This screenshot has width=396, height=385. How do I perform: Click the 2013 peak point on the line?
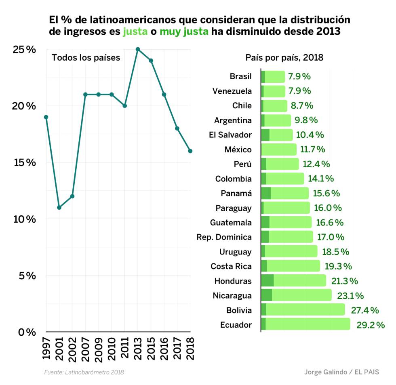coord(138,49)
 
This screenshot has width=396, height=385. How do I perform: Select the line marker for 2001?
coord(59,208)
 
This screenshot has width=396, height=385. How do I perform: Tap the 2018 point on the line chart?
coord(190,151)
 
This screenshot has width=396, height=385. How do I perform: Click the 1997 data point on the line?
coord(46,117)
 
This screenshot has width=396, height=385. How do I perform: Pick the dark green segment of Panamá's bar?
coord(266,193)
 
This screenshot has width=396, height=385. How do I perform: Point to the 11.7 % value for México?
coord(313,149)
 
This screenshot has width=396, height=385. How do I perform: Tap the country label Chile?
coord(242,106)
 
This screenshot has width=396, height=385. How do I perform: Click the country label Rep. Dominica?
coord(224,237)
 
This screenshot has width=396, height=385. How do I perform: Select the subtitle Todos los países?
coord(86,58)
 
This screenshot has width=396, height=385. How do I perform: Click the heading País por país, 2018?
coord(284,58)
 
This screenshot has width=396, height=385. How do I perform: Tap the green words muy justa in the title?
coord(184,32)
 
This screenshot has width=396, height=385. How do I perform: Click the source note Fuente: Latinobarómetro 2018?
coord(84,372)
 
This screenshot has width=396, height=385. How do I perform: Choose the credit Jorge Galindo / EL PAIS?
coord(341,372)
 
